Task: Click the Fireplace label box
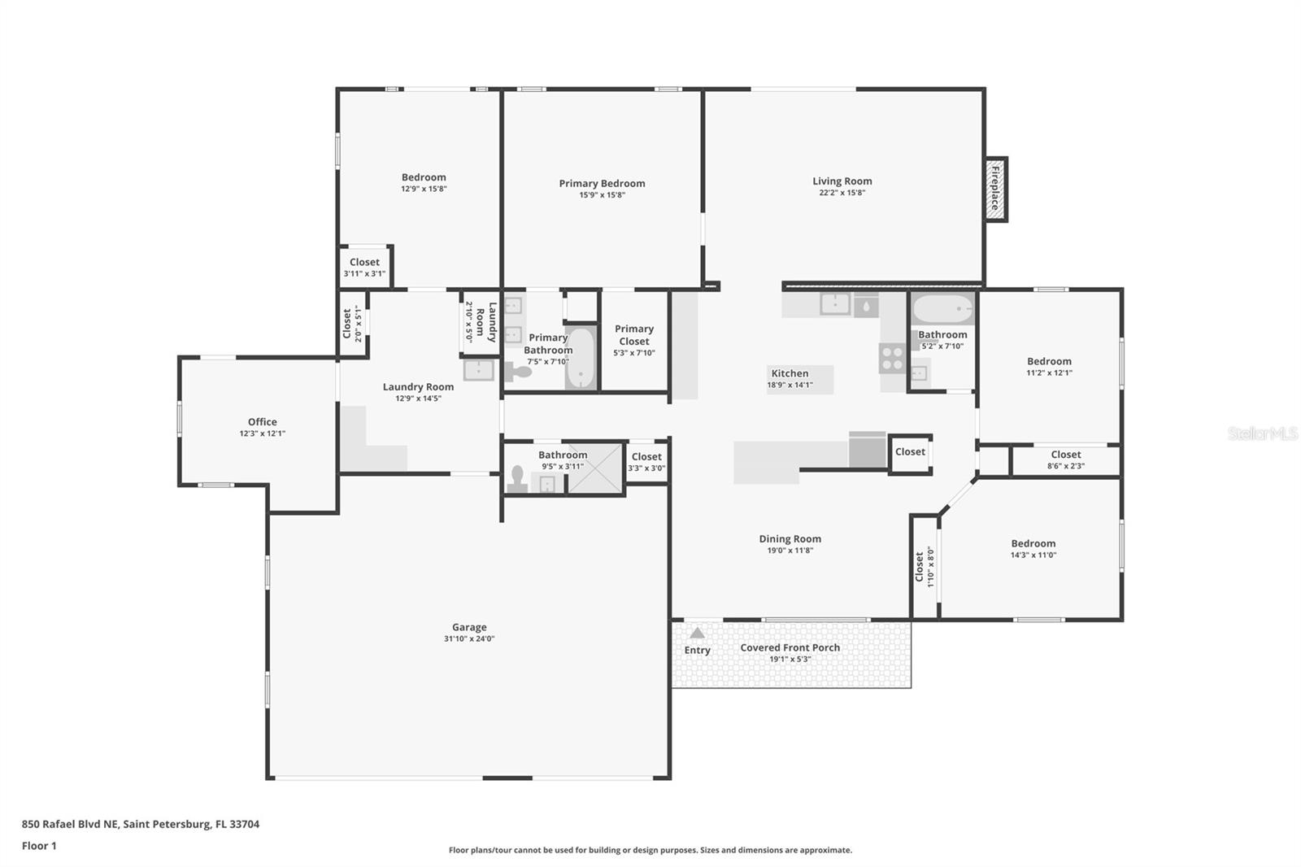click(x=994, y=189)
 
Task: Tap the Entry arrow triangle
click(x=697, y=633)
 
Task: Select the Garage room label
click(x=469, y=627)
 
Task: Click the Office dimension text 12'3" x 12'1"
click(x=262, y=433)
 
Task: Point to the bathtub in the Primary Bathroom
click(x=581, y=359)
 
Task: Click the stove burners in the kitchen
click(x=892, y=358)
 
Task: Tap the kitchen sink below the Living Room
click(x=835, y=304)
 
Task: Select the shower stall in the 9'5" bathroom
click(x=594, y=469)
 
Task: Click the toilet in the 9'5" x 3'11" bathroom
click(x=517, y=479)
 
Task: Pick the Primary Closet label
click(x=634, y=335)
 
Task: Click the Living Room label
click(x=842, y=181)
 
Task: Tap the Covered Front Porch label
click(x=790, y=647)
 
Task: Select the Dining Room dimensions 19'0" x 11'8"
click(x=790, y=551)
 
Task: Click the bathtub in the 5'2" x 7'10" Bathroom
click(x=942, y=309)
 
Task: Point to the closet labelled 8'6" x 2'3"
click(x=1065, y=460)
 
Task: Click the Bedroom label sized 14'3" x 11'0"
click(x=1033, y=543)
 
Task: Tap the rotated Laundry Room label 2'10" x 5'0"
click(x=481, y=322)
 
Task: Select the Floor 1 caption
click(x=39, y=846)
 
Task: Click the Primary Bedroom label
click(x=602, y=183)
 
